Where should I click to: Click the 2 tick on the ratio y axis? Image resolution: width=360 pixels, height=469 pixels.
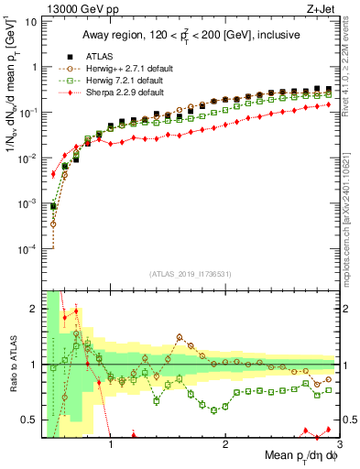click(32, 309)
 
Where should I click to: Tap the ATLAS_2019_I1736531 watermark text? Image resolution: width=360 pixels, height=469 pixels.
click(190, 274)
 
